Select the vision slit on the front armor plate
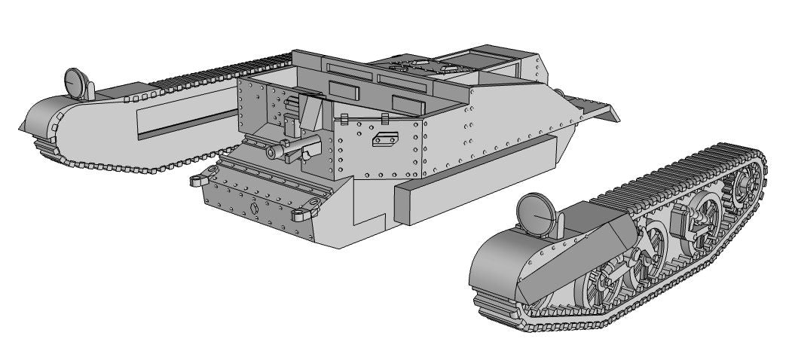pos(386,138)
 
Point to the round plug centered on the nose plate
pos(254,207)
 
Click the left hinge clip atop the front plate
pos(343,120)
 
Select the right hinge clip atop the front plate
pos(385,117)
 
